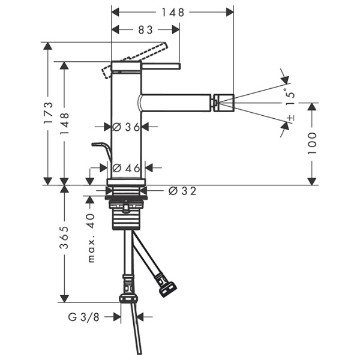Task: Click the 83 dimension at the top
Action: pos(146,28)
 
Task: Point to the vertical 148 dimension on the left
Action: pos(65,123)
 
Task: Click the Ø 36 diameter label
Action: pos(126,127)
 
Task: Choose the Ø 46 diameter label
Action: pos(126,167)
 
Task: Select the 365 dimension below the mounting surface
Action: pos(65,238)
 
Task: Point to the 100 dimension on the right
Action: pos(313,143)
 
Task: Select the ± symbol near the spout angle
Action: pos(290,118)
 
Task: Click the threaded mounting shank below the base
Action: pos(126,216)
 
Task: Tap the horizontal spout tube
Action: pos(177,103)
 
